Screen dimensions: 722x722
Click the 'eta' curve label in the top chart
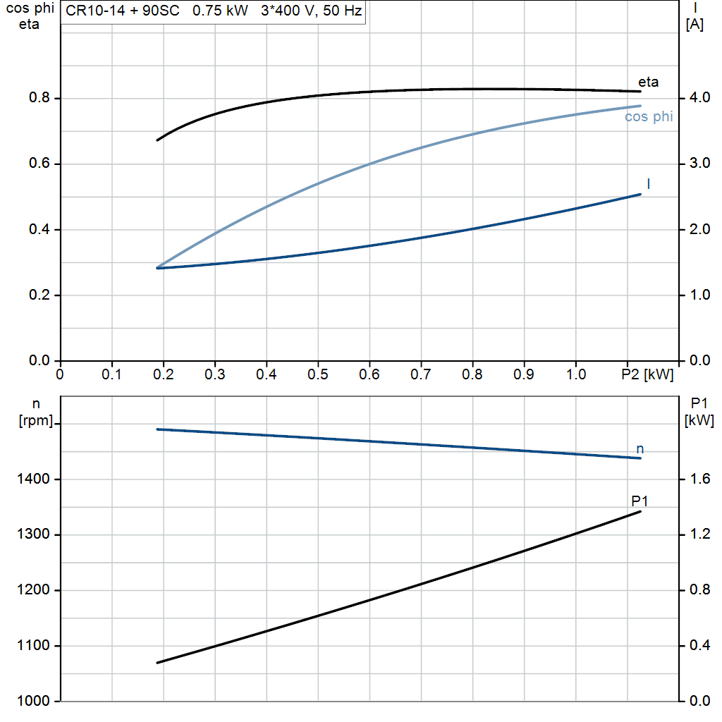click(x=649, y=82)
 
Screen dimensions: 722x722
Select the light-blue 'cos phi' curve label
click(x=649, y=116)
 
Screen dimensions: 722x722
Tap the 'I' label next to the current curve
click(x=649, y=184)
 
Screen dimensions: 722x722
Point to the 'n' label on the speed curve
click(x=640, y=449)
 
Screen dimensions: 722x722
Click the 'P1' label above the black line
click(x=640, y=501)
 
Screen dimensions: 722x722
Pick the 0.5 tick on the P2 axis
click(x=318, y=374)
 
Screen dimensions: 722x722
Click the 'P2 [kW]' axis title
click(x=647, y=374)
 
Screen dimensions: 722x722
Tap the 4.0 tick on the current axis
click(x=700, y=97)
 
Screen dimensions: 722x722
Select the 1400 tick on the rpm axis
click(x=33, y=479)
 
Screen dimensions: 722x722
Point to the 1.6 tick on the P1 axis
click(x=700, y=479)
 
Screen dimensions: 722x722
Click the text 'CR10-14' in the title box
click(x=95, y=11)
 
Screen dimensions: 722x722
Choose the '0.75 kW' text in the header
click(x=220, y=11)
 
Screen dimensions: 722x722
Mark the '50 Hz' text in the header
click(x=343, y=11)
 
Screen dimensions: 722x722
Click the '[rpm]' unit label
click(x=36, y=420)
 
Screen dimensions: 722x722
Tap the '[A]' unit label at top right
click(x=695, y=25)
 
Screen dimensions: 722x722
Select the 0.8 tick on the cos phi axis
click(x=39, y=97)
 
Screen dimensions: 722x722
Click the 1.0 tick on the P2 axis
click(x=575, y=374)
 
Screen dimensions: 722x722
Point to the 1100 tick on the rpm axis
click(x=33, y=646)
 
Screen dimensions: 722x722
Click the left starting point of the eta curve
click(x=157, y=140)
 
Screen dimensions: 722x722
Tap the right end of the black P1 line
click(x=640, y=512)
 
